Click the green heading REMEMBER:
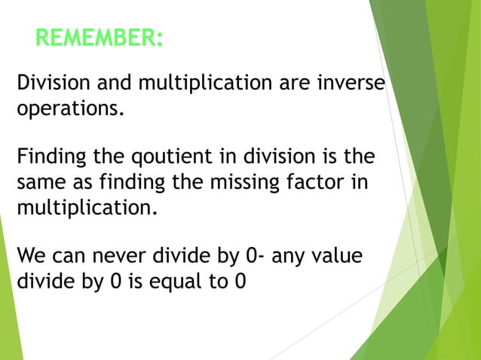tap(98, 37)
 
